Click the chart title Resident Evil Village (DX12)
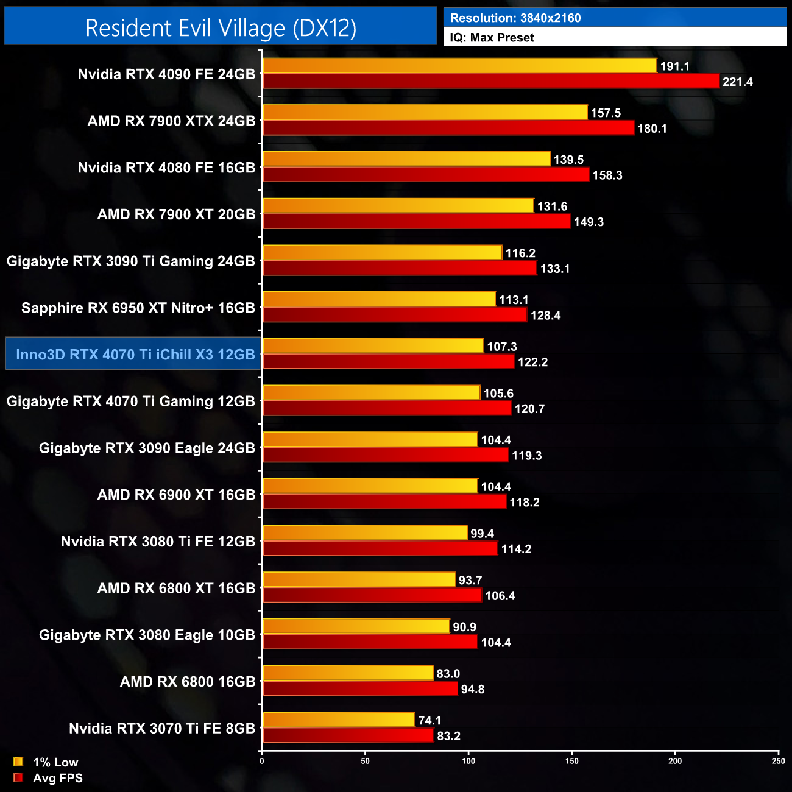coord(221,28)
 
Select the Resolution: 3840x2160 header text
coord(515,18)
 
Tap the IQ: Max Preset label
coord(492,38)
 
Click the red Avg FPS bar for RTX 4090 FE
coord(490,81)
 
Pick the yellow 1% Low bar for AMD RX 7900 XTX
coord(425,112)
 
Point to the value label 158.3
coord(607,175)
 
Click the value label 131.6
coord(552,207)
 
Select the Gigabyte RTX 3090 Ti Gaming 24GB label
coord(131,261)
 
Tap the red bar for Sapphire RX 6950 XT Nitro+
coord(394,315)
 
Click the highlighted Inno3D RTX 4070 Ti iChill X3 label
coord(135,355)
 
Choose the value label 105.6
coord(498,394)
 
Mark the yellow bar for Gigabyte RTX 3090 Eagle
coord(370,439)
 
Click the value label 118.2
coord(525,503)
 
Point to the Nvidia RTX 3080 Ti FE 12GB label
coord(158,542)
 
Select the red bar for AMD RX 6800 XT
coord(372,595)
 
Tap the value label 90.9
coord(464,627)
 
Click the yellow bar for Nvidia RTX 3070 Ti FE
coord(339,720)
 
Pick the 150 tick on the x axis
coord(572,761)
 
